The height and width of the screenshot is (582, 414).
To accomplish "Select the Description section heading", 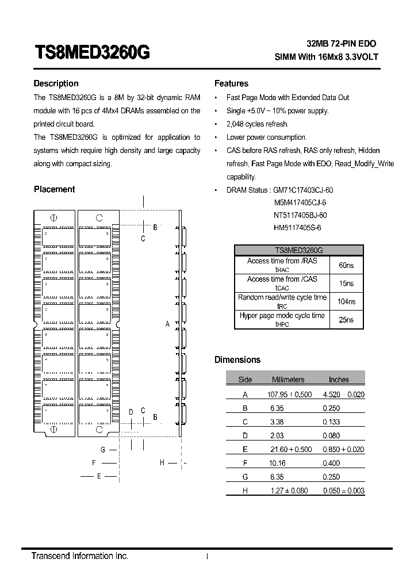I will tap(56, 83).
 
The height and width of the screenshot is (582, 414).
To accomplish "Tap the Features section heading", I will tap(231, 83).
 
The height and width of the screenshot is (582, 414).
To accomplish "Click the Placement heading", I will tap(54, 189).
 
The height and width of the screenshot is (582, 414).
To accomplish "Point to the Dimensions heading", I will tap(237, 360).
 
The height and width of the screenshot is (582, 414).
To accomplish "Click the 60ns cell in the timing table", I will tap(346, 265).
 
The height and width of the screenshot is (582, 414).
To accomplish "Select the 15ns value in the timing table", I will tap(346, 284).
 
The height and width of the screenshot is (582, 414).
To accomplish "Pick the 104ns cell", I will tap(346, 301).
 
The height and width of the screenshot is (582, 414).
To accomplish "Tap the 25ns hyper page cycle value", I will tap(346, 320).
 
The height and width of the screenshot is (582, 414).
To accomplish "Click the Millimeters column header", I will tap(288, 380).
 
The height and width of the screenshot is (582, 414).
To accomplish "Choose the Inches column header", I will tap(339, 380).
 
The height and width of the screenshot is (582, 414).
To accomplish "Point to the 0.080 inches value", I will tap(331, 435).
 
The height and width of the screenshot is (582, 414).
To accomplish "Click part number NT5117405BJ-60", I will tap(300, 216).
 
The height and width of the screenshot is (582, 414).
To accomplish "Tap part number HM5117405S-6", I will tap(297, 228).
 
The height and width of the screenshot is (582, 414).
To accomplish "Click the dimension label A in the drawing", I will tap(167, 324).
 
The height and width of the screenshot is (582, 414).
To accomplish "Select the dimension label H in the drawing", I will tap(162, 462).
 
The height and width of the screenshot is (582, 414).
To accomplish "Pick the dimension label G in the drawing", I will tap(102, 450).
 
